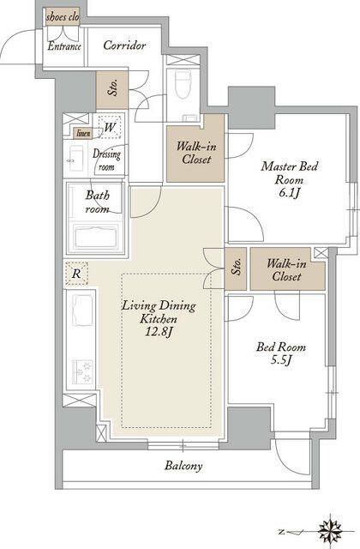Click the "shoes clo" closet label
[x=63, y=17]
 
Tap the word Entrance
[x=64, y=46]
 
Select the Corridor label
[x=124, y=45]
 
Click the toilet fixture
[x=183, y=86]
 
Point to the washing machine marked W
[x=110, y=127]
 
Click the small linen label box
[x=83, y=133]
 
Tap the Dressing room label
[x=106, y=160]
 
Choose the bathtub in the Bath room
[x=96, y=237]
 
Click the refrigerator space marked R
[x=76, y=273]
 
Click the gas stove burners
[x=82, y=371]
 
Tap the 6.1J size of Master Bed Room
[x=288, y=193]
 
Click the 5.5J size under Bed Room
[x=281, y=360]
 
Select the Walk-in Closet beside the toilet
[x=195, y=154]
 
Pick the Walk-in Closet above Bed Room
[x=287, y=270]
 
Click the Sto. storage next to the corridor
[x=112, y=89]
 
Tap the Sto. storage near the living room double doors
[x=236, y=268]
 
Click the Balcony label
[x=183, y=466]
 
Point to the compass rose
[x=330, y=531]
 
